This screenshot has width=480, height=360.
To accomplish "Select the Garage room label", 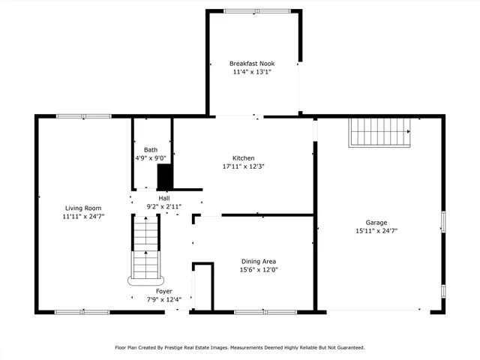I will (x=376, y=223).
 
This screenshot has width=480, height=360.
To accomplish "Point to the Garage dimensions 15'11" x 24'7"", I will (x=376, y=232).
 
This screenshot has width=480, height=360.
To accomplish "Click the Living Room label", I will (x=83, y=208).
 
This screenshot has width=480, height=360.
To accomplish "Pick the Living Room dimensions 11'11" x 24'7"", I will (x=83, y=217).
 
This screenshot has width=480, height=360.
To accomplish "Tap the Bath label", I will (x=151, y=150).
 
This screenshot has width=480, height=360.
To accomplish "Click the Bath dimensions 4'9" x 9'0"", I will (x=151, y=158).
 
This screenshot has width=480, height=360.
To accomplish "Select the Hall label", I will (x=163, y=198).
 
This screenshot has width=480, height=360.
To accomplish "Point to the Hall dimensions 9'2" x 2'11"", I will (x=163, y=206).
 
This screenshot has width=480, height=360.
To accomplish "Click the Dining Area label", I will (x=258, y=261).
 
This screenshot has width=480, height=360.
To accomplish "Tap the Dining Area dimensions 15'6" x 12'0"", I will (x=258, y=270).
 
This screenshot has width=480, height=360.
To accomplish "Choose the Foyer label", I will (x=163, y=291).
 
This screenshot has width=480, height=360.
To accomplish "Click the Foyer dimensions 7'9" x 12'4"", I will (x=163, y=300).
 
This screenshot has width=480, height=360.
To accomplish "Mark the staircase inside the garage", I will (x=381, y=133).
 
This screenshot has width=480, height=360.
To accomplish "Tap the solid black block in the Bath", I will (x=164, y=177).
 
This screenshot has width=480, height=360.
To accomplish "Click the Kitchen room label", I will (x=243, y=158).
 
